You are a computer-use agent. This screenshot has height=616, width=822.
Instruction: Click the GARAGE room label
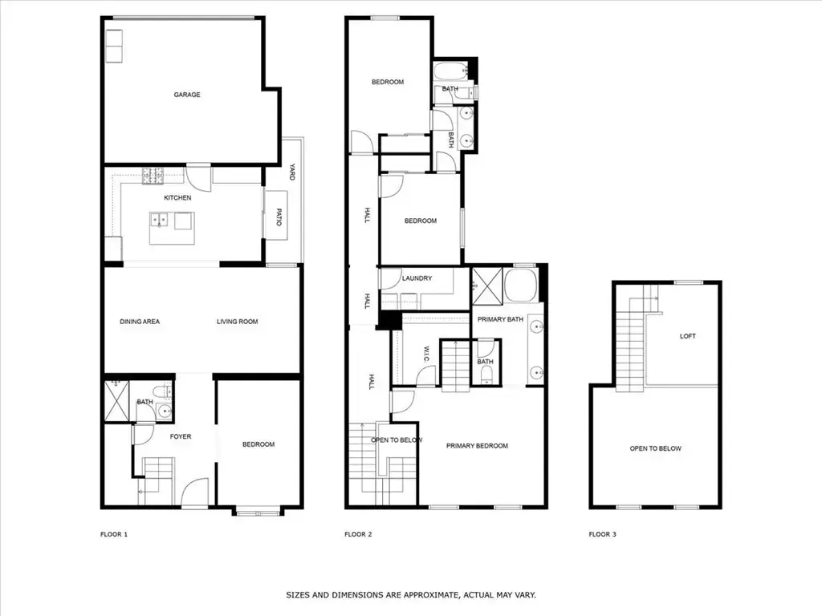(187, 95)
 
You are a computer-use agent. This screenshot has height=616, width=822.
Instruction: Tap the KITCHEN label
(177, 197)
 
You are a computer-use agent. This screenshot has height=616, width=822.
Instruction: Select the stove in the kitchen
(153, 176)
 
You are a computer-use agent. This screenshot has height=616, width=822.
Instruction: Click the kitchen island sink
(159, 220)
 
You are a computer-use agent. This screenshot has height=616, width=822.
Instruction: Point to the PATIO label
(279, 217)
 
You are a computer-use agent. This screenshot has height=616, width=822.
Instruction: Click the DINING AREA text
(140, 322)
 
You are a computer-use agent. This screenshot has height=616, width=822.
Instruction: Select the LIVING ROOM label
(238, 322)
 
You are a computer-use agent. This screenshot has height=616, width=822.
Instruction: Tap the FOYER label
(181, 436)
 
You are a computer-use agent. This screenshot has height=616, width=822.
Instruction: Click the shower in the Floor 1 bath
(116, 401)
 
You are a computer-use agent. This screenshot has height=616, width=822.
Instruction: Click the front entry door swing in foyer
(195, 492)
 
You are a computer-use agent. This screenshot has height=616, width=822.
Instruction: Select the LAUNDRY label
(417, 278)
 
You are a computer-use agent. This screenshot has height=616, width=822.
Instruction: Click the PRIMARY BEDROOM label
(477, 446)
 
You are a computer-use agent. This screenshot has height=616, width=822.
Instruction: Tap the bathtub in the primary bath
(520, 285)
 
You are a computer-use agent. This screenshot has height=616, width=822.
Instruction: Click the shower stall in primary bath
(487, 286)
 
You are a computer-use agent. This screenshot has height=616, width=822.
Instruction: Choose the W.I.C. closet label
(426, 354)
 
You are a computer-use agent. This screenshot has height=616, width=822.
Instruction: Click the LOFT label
(688, 336)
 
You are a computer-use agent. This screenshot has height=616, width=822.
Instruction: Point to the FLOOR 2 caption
(358, 534)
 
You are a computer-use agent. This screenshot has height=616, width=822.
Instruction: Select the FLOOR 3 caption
(602, 534)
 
